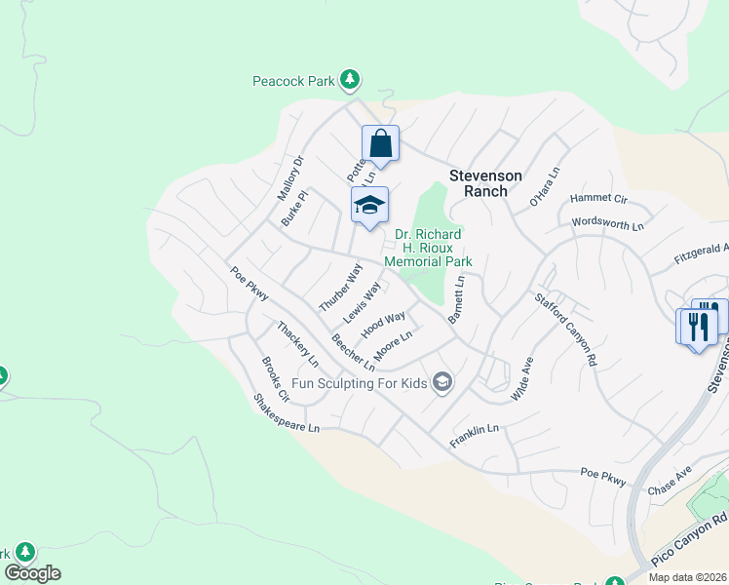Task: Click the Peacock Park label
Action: point(293,81)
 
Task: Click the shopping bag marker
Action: point(381,144)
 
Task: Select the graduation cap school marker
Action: point(369,205)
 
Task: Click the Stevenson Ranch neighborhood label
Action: point(485,183)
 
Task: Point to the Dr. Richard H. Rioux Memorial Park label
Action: point(428,248)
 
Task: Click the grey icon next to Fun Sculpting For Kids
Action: point(442,381)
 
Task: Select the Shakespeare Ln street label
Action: point(286,414)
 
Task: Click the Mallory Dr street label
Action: point(290,177)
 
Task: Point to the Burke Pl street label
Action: point(294,209)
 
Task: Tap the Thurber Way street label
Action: point(340,288)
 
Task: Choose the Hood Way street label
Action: point(383,325)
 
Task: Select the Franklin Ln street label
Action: point(475,436)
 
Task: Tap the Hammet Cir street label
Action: point(599,198)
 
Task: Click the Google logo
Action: point(32,573)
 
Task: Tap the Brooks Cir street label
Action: point(275,379)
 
